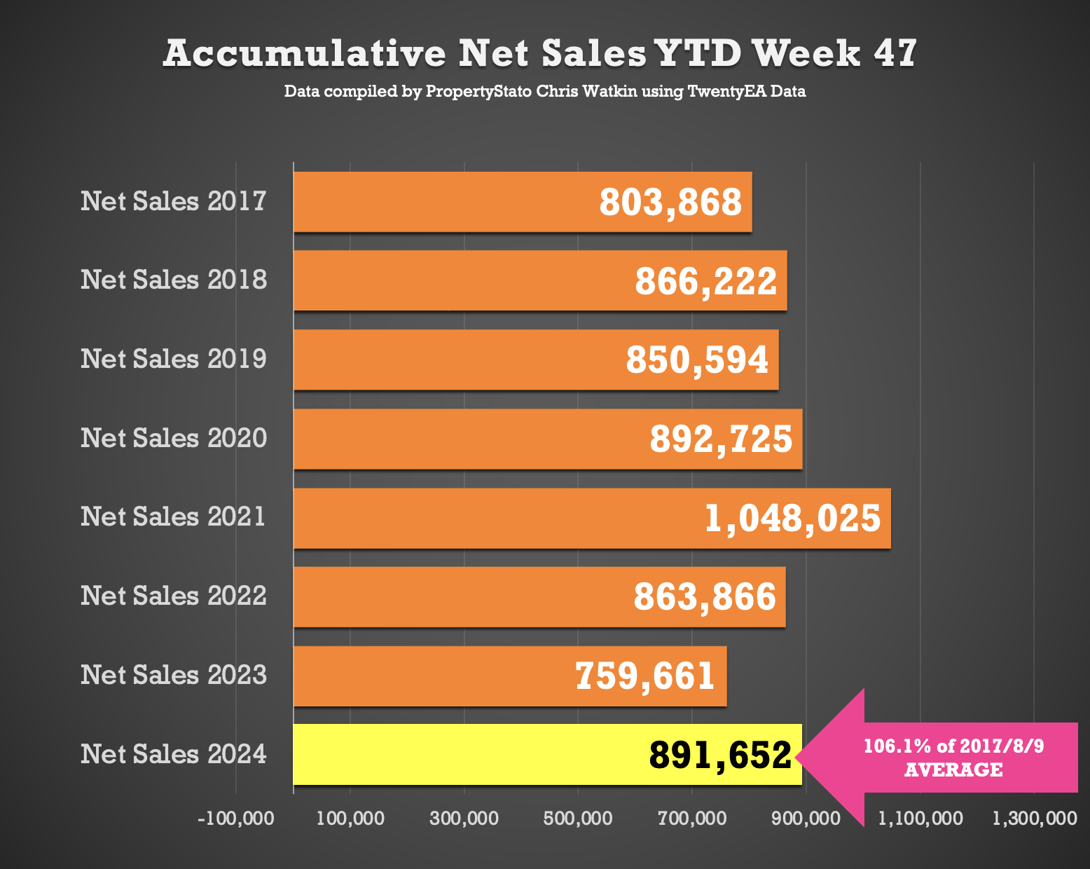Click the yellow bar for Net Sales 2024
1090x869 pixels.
tap(548, 755)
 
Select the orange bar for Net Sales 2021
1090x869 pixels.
tap(592, 519)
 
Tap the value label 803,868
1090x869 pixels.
tap(670, 202)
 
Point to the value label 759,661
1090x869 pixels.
tap(644, 676)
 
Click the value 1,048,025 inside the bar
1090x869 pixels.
tap(793, 519)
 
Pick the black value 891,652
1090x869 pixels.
tap(720, 755)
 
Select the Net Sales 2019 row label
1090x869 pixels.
tap(174, 359)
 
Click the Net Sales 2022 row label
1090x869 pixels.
tap(174, 596)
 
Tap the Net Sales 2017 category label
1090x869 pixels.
tap(174, 201)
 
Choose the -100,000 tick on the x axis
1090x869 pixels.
tap(236, 819)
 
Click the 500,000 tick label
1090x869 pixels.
tap(578, 819)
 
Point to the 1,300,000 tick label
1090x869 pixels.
tap(1034, 819)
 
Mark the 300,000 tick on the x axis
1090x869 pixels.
tap(464, 819)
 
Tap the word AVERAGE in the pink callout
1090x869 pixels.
tap(954, 769)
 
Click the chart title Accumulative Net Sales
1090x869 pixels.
tap(404, 53)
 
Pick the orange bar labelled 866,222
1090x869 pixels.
tap(540, 280)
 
